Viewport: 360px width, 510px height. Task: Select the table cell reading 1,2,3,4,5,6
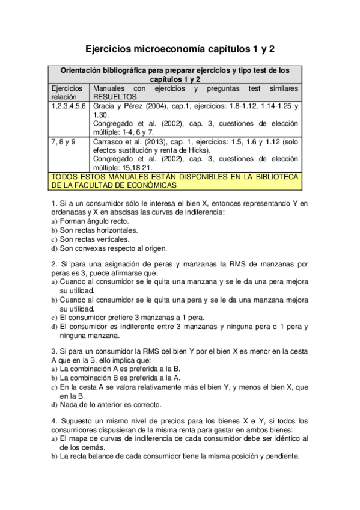pos(69,105)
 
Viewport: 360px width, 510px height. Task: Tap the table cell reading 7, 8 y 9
pos(63,141)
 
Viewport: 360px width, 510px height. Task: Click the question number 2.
pos(54,263)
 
